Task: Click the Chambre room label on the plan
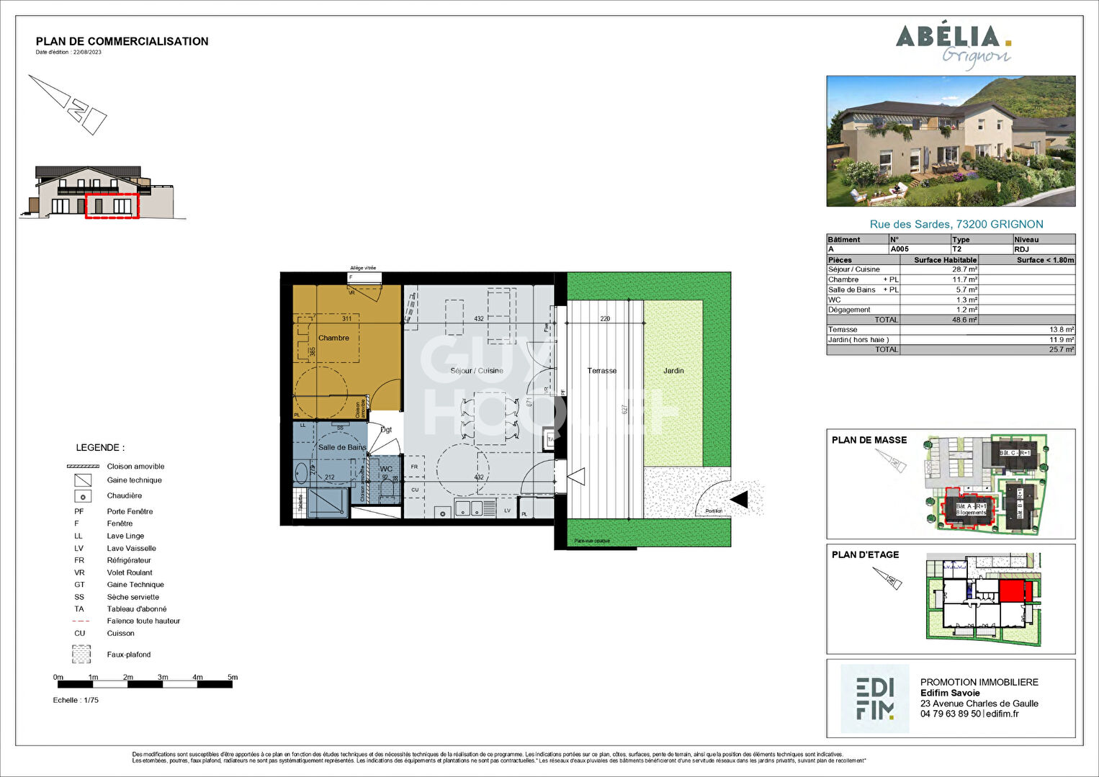coord(333,338)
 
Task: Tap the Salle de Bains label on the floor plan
coord(342,447)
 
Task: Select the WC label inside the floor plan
coord(386,469)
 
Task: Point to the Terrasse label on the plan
coord(601,371)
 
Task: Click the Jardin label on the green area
coord(673,371)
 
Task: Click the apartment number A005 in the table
coord(900,249)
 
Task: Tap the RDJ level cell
coord(1021,249)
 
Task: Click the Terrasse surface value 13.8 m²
coord(1063,330)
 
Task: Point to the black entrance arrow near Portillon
coord(739,499)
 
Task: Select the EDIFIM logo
coord(875,699)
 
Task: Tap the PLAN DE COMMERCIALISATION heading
coord(122,42)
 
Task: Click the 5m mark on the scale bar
coord(232,678)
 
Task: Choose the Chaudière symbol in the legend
coord(83,496)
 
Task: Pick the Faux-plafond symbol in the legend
coord(81,655)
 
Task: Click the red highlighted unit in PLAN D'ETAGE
coord(1011,591)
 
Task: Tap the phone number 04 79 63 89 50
coord(950,714)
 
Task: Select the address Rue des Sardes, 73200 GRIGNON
coord(956,225)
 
